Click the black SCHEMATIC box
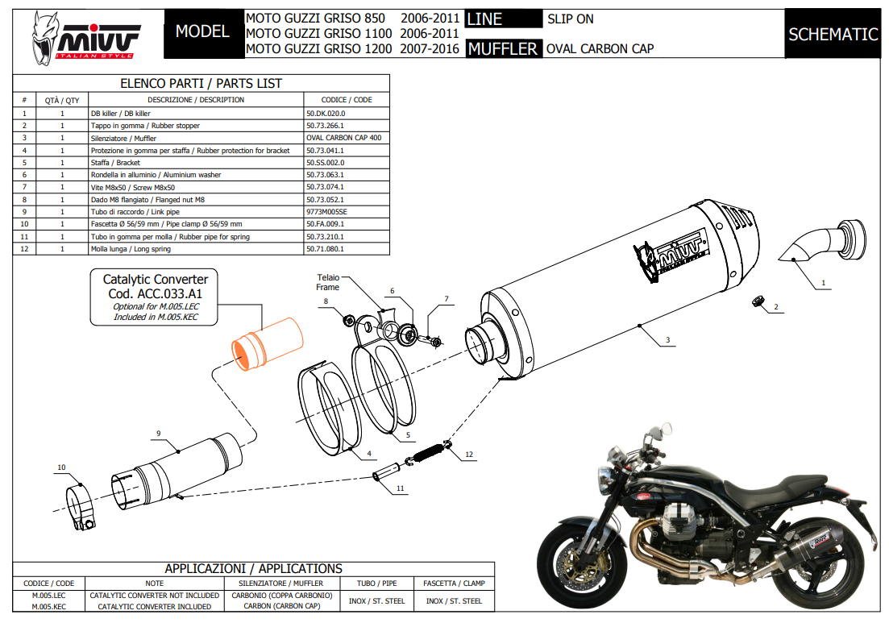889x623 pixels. [833, 34]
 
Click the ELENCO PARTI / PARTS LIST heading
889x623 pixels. [201, 83]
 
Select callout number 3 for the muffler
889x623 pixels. [667, 342]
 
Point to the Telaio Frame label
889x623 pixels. [328, 282]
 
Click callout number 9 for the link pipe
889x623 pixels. [158, 434]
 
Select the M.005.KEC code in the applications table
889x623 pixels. [48, 606]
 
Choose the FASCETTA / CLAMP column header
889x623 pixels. [454, 583]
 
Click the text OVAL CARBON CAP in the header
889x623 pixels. [600, 48]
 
